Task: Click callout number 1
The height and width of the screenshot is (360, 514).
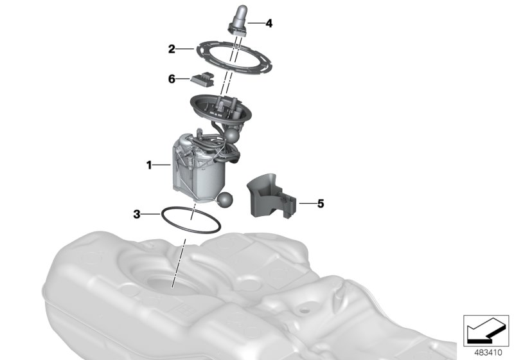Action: (148, 165)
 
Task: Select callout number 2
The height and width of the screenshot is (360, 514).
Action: (172, 48)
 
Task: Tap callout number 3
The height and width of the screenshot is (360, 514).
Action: (137, 213)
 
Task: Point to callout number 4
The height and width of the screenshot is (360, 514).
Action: (269, 24)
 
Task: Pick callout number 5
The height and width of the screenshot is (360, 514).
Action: (321, 204)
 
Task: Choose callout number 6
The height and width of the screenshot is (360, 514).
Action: (172, 79)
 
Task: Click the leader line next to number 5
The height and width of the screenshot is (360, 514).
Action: (306, 204)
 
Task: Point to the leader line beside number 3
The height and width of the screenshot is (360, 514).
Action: (152, 213)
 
